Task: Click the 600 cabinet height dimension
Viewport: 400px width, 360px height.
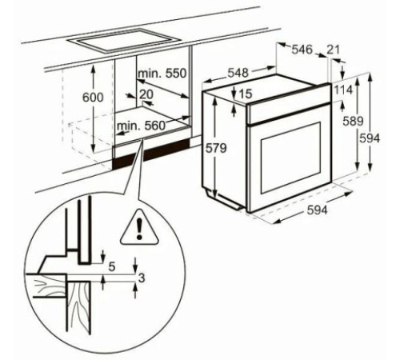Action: (93, 98)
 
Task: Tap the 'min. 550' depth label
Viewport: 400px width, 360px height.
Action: (162, 73)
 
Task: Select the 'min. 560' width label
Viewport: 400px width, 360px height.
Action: (142, 126)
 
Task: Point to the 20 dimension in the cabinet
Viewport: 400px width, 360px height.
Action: (146, 94)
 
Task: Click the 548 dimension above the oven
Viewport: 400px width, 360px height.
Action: (238, 73)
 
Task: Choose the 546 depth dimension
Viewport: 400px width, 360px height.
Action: (302, 50)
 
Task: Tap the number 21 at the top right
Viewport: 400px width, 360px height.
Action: (334, 50)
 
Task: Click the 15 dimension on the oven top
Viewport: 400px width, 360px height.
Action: (246, 94)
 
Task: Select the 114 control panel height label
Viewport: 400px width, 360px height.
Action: (343, 90)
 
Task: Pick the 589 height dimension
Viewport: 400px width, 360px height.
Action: (353, 122)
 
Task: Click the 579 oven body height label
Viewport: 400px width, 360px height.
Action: (216, 148)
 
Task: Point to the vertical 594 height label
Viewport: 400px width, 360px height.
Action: (370, 138)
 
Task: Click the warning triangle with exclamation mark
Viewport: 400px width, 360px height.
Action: (139, 227)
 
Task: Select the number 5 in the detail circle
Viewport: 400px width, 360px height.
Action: (112, 267)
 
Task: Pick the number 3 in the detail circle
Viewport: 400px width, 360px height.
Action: (142, 278)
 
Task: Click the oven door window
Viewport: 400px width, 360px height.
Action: (291, 158)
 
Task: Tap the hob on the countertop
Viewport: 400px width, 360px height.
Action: (124, 41)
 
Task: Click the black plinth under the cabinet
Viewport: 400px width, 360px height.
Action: (151, 154)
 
